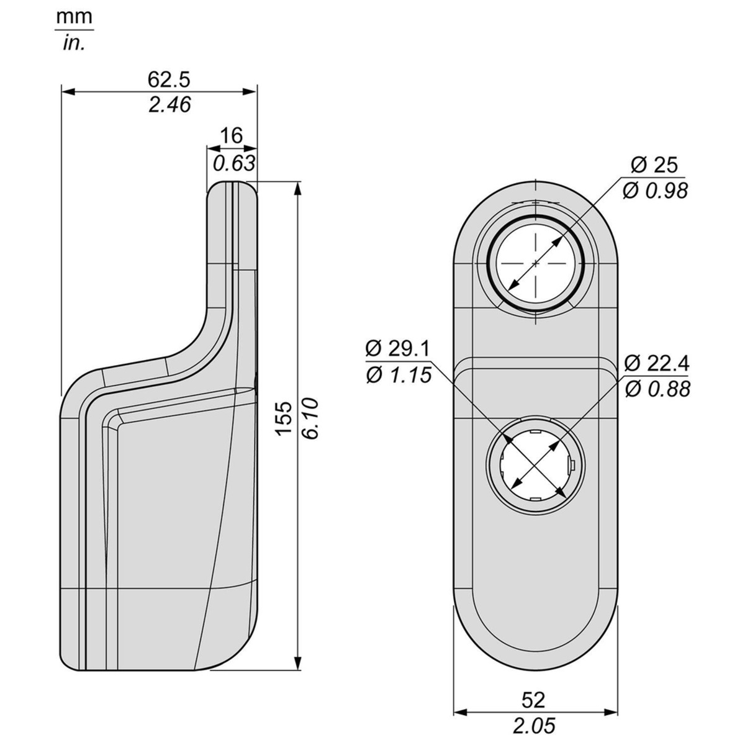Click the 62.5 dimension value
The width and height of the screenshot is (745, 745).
[x=169, y=79]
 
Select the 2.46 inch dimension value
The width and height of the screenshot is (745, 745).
[x=169, y=105]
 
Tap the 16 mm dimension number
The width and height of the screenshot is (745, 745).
[x=231, y=136]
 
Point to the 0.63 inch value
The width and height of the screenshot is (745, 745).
[x=234, y=163]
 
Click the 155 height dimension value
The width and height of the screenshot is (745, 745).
[x=284, y=418]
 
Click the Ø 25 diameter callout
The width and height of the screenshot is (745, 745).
[x=654, y=165]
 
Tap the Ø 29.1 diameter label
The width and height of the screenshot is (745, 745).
[x=397, y=349]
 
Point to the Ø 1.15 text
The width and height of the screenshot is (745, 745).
[x=398, y=375]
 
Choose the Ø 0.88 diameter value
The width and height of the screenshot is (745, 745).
[x=657, y=389]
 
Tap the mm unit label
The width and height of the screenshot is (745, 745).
[x=74, y=17]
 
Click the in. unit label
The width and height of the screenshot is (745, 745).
[x=73, y=43]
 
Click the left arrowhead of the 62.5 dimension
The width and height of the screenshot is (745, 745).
[x=68, y=92]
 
